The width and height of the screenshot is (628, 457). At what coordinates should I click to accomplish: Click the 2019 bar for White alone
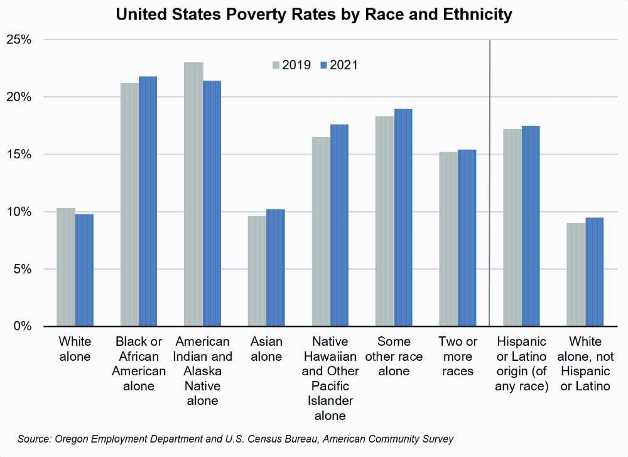click(65, 267)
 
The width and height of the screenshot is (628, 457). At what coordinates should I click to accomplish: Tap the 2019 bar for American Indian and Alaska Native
click(193, 194)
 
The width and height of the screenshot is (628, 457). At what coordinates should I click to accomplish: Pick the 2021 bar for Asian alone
click(276, 268)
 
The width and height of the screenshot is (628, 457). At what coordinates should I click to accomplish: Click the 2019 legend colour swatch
click(275, 65)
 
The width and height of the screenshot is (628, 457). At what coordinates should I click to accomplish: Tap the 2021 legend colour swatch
click(324, 65)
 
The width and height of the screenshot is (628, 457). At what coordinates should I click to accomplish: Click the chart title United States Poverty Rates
click(314, 14)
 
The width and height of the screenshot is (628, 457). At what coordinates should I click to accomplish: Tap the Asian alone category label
click(266, 350)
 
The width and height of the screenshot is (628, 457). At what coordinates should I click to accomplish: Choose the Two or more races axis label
click(458, 356)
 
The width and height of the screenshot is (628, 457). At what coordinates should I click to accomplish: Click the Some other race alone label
click(394, 356)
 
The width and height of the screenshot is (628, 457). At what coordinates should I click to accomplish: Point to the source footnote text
click(235, 438)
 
